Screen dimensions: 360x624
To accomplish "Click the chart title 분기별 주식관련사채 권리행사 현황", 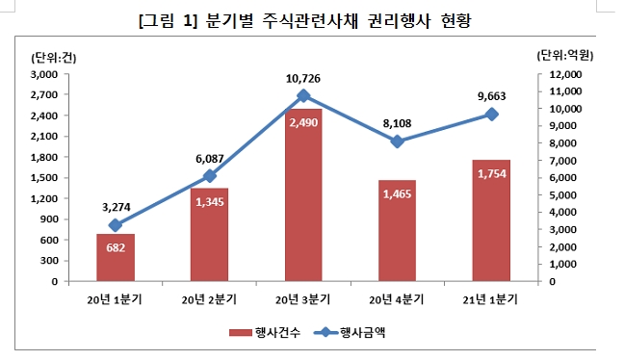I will [312, 20].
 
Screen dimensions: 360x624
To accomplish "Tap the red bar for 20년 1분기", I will [116, 258].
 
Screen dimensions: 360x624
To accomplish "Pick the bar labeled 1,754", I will [491, 221].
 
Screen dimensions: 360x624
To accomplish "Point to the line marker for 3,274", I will [116, 225].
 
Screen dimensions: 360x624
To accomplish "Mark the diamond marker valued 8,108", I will [397, 141].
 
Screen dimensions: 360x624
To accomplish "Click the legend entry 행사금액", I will [361, 332].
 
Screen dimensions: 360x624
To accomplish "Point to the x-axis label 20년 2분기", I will [209, 299].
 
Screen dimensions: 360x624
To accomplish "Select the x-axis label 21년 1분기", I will [491, 299].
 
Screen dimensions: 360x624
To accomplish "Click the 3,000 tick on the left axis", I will [43, 74].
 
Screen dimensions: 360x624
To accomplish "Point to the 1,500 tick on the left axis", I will [43, 178].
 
